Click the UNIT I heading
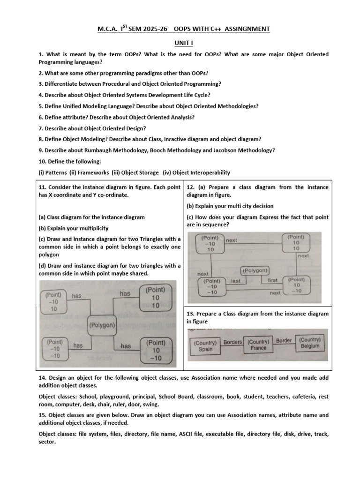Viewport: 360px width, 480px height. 183,42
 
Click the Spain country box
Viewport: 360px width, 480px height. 205,346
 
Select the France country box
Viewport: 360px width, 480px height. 258,345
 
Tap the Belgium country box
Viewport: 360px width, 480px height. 310,343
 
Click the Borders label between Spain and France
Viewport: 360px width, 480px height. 232,342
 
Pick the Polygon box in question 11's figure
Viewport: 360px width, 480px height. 102,325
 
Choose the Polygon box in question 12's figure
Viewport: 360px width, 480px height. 255,270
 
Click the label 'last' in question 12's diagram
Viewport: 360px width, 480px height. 236,281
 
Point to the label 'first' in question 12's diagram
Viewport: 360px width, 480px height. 273,280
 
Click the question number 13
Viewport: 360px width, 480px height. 190,314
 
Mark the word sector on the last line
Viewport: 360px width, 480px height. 47,442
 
